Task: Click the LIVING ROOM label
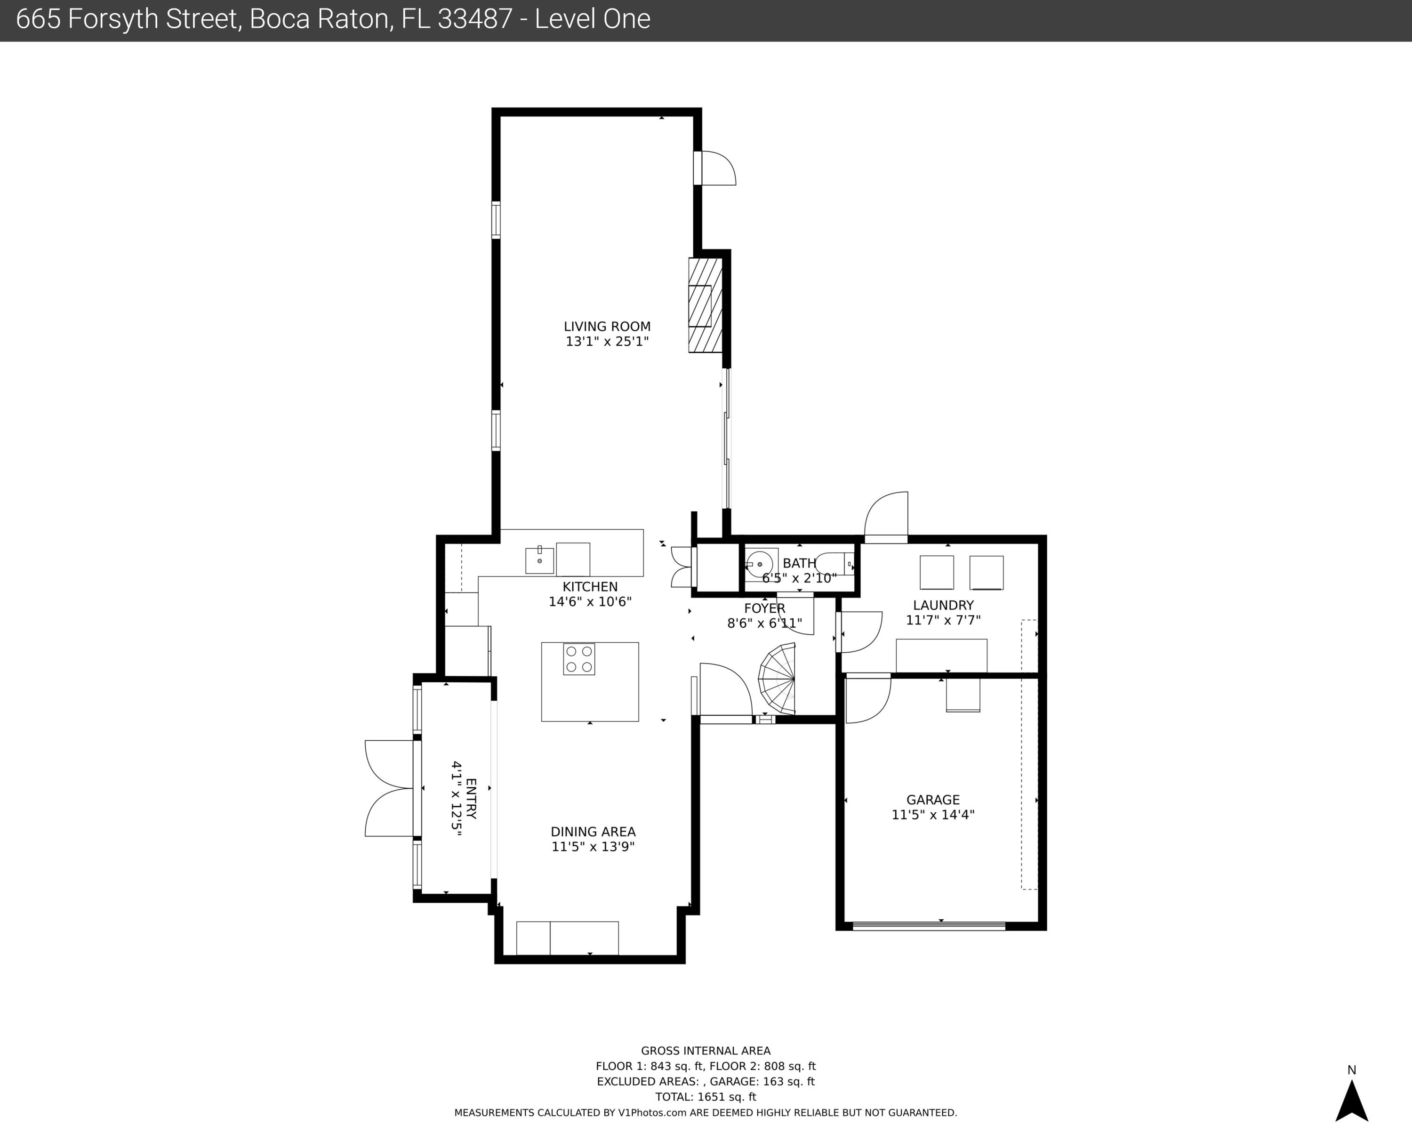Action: (x=607, y=326)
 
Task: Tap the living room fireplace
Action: (x=706, y=305)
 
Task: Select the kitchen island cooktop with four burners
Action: (x=578, y=659)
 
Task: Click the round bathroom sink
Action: (x=761, y=564)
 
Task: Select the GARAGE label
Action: (x=933, y=800)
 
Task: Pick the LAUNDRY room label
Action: (x=943, y=605)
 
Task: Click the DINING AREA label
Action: (x=593, y=832)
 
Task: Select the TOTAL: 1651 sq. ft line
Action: (x=706, y=1097)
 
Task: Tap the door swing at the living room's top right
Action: (x=715, y=169)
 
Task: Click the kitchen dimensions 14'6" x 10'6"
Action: (x=590, y=601)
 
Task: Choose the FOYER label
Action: (x=764, y=608)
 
